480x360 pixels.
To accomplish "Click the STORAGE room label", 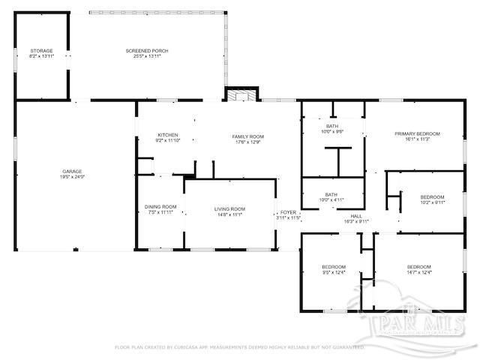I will [x=41, y=50].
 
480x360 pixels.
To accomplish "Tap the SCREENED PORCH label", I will [x=146, y=50].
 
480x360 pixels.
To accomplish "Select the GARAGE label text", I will [x=72, y=171].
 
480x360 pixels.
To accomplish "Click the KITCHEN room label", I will [x=167, y=135].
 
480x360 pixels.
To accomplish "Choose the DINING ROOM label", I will [x=160, y=207].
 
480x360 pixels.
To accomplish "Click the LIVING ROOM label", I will [x=230, y=208].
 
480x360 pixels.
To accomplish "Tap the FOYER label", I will [x=288, y=212].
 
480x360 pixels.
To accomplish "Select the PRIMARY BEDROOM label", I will [x=417, y=133].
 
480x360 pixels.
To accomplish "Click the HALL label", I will [x=356, y=216].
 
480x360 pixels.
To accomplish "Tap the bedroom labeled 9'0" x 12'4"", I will [x=334, y=267].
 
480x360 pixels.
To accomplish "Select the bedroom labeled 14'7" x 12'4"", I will [x=418, y=267].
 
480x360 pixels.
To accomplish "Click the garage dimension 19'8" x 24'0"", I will [x=72, y=176].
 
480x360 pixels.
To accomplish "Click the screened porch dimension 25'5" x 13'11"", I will [x=146, y=55].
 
